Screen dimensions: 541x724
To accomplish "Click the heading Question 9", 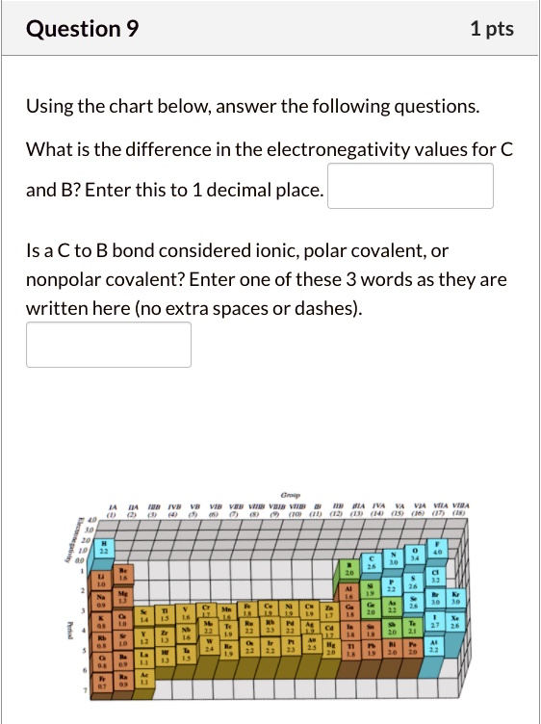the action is (x=83, y=30).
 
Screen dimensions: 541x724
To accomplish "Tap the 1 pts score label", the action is (x=492, y=30).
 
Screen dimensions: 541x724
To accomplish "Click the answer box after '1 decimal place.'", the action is (x=411, y=186).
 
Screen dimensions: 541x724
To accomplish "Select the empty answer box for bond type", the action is (x=109, y=344).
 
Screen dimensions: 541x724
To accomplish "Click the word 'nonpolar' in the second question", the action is (x=64, y=280).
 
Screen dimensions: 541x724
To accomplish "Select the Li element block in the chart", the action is (x=99, y=580).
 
